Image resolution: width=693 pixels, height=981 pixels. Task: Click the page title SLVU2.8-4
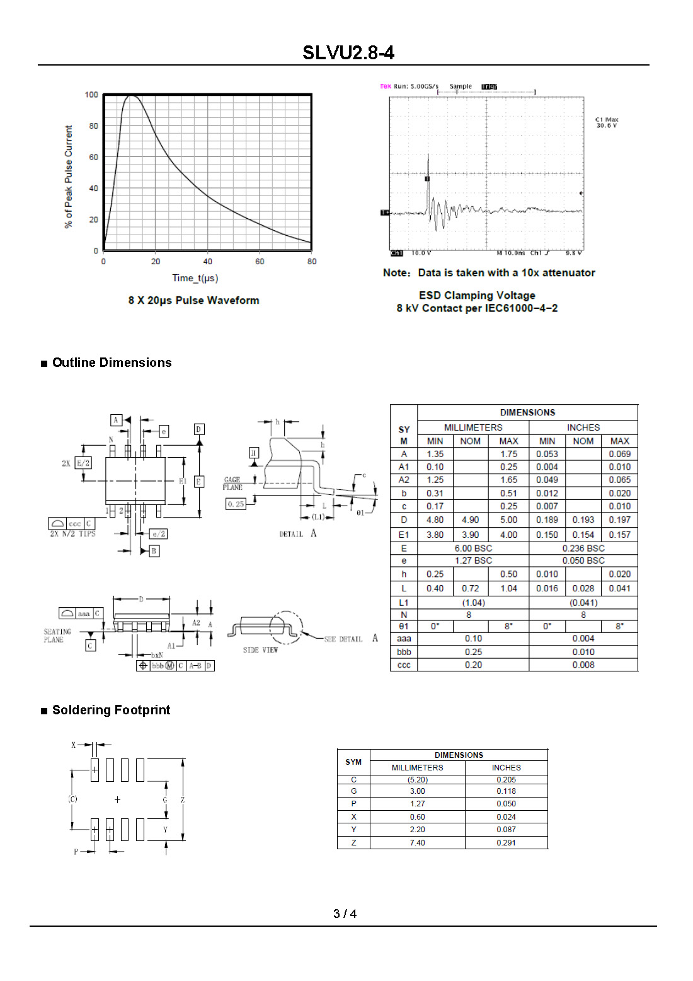click(348, 52)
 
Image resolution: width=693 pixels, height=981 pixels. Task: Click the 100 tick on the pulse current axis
click(91, 95)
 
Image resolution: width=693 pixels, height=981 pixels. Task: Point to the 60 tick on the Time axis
click(260, 262)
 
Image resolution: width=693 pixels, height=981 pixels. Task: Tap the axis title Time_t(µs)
click(195, 278)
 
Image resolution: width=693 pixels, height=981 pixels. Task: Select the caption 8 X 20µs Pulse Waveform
click(193, 301)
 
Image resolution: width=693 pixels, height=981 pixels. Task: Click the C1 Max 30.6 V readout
click(607, 122)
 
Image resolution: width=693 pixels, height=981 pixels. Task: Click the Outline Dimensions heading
click(112, 363)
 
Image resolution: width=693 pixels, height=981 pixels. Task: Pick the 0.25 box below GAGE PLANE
click(236, 504)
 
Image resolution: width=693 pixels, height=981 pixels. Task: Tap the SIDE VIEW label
click(260, 650)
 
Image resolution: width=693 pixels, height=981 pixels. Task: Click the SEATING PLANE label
click(57, 636)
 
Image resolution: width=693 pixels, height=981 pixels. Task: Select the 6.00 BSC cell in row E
click(473, 549)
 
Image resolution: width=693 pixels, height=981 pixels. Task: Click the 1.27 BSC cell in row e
click(473, 560)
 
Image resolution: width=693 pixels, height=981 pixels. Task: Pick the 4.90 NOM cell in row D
click(470, 520)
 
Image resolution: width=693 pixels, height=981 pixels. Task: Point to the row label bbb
click(404, 652)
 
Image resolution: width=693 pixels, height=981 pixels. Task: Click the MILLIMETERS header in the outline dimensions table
click(473, 427)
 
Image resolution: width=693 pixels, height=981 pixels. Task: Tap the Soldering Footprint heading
click(111, 710)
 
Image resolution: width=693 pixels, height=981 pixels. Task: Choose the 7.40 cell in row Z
click(417, 843)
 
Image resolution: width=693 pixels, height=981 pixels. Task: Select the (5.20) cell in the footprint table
click(417, 780)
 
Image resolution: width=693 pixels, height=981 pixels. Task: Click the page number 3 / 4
click(345, 914)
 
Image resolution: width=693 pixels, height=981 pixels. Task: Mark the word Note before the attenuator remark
click(396, 273)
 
